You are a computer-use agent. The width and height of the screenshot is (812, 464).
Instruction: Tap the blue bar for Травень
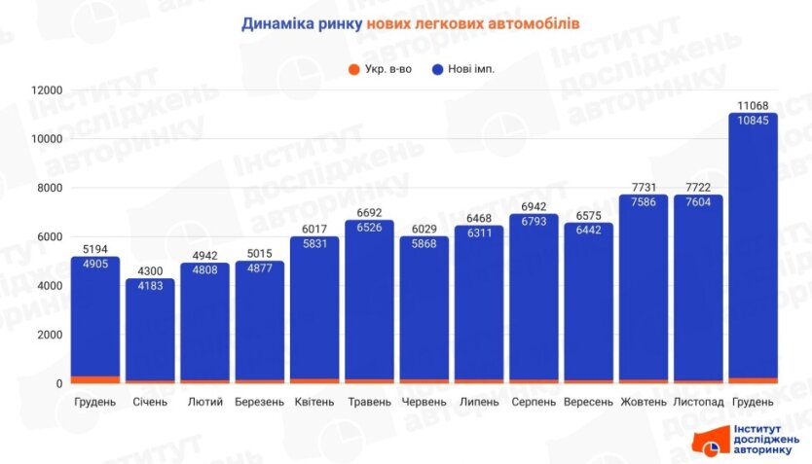(x=369, y=292)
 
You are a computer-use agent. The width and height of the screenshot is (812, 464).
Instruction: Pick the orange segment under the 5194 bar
(x=94, y=379)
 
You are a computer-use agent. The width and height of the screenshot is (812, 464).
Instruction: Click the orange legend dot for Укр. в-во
(x=351, y=69)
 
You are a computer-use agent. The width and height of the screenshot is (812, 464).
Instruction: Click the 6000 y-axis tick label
(x=50, y=237)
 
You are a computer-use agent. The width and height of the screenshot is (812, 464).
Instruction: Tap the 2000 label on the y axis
(x=50, y=335)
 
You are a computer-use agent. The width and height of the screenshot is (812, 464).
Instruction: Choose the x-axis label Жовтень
(x=644, y=402)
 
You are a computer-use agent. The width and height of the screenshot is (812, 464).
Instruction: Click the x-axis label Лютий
(x=204, y=402)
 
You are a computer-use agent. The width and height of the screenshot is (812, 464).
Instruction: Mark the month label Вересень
(x=588, y=402)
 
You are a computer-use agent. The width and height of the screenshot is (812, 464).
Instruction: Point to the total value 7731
(x=644, y=186)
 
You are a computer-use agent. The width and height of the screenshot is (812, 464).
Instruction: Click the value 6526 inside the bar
(x=369, y=230)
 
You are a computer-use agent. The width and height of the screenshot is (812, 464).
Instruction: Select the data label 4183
(x=150, y=287)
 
